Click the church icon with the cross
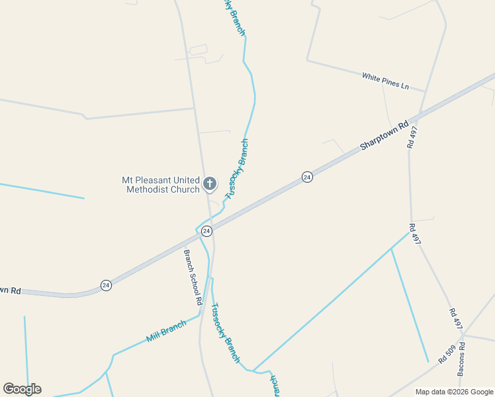point(210,183)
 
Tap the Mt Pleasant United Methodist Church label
point(161,185)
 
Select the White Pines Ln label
point(386,81)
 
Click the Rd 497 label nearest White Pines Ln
point(413,137)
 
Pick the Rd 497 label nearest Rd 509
point(455,319)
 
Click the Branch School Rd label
point(193,277)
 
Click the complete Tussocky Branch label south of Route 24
point(224,333)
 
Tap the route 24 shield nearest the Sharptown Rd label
point(307,177)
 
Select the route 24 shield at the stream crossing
point(206,231)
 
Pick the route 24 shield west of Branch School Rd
point(106,285)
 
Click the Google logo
point(22,389)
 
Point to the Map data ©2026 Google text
point(455,392)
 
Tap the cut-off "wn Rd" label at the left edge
point(10,290)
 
